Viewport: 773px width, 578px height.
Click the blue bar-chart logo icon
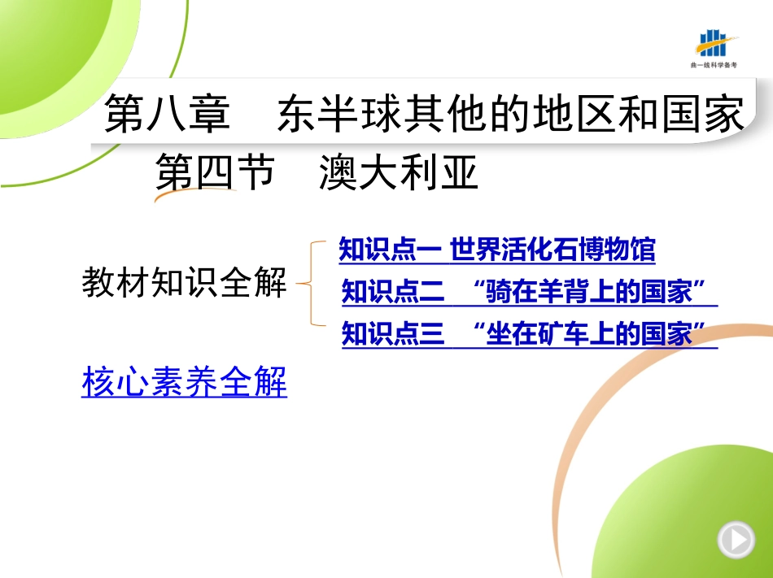[716, 43]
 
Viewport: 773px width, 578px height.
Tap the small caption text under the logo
[714, 65]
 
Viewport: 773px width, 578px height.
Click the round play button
[736, 540]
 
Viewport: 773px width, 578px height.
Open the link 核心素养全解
[185, 381]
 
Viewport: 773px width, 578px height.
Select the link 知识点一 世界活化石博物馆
[497, 249]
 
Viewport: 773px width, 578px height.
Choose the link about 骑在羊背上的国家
[530, 292]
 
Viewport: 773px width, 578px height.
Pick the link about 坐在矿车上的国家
[530, 334]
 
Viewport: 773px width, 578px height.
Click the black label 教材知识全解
[184, 282]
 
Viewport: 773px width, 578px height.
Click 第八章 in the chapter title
[167, 114]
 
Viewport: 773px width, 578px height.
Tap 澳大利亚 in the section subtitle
[399, 172]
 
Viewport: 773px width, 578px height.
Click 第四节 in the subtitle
[215, 172]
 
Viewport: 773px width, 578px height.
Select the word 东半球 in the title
[340, 114]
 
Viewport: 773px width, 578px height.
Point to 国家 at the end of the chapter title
[703, 114]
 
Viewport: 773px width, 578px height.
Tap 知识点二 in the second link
[393, 292]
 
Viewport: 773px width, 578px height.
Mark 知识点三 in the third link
[393, 334]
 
